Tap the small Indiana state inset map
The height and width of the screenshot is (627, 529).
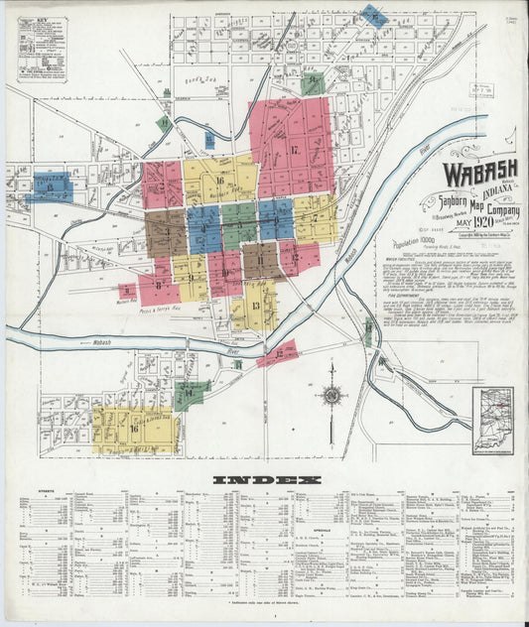click(x=492, y=420)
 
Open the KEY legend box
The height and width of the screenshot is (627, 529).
click(x=41, y=46)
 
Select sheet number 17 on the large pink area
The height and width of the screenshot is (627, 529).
click(x=295, y=150)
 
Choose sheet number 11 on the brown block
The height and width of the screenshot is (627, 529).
click(x=260, y=261)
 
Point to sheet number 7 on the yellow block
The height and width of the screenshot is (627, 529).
click(x=315, y=218)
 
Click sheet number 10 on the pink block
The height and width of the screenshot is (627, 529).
click(x=225, y=266)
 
